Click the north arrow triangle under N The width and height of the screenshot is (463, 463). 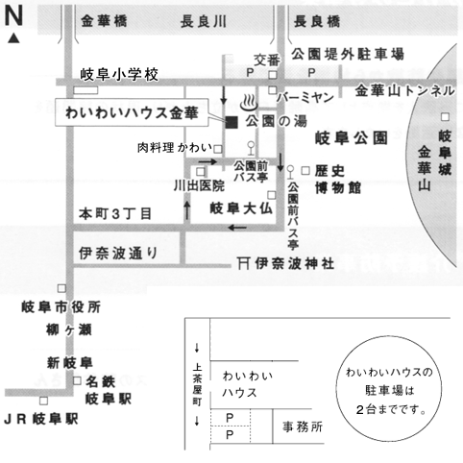click(13, 38)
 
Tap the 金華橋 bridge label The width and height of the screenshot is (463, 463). click(104, 21)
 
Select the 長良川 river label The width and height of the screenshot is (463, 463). click(203, 22)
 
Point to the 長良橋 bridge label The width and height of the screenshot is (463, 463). click(316, 22)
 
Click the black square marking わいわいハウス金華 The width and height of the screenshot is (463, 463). click(231, 122)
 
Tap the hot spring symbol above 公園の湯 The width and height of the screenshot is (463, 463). click(249, 102)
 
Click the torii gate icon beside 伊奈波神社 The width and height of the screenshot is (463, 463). click(244, 263)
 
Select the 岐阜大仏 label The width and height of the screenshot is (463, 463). click(241, 208)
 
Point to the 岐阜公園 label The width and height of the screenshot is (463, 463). click(352, 137)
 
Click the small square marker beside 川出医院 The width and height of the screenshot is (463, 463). click(201, 172)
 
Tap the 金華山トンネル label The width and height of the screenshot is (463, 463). click(404, 91)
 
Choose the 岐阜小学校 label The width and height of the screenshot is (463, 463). click(119, 75)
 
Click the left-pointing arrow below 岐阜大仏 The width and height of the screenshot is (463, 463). click(237, 228)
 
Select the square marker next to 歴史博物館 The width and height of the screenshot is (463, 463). click(305, 171)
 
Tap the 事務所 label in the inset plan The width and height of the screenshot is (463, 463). click(303, 426)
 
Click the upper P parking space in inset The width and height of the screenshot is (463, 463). click(230, 418)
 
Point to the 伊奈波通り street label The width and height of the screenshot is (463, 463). click(118, 254)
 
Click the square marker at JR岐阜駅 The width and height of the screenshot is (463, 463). click(43, 401)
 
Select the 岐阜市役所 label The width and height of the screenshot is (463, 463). click(61, 307)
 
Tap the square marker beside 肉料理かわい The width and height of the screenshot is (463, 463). click(218, 149)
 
